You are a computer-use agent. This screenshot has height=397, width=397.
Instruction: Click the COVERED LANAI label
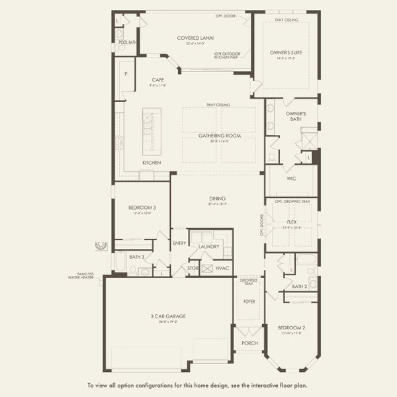click(193, 38)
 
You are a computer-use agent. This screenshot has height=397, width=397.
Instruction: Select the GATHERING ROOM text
click(219, 135)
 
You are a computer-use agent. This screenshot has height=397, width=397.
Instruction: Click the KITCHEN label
click(152, 163)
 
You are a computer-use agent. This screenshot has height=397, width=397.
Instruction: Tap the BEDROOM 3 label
click(142, 207)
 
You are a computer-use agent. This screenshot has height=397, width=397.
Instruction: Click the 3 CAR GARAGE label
click(167, 316)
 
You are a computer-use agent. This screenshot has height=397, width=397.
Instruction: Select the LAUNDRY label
click(209, 247)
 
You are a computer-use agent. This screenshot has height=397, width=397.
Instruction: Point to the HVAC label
click(222, 268)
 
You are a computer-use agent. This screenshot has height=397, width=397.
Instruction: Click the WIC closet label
click(291, 178)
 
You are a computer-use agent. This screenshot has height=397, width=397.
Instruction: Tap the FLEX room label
click(291, 222)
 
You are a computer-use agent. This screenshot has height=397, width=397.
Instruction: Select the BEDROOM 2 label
click(290, 328)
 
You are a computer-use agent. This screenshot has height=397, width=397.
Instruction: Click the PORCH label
click(249, 343)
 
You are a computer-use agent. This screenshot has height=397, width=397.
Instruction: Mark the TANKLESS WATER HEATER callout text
click(83, 277)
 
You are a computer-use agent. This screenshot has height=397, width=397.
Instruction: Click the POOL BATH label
click(126, 42)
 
